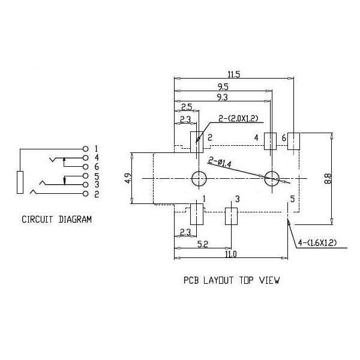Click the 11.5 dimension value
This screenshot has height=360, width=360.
(234, 74)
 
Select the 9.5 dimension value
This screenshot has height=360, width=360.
(223, 87)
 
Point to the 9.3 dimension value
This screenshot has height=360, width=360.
(222, 97)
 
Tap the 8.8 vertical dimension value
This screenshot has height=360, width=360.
(328, 179)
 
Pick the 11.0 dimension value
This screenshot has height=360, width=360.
(231, 254)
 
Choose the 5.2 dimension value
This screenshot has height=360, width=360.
(203, 244)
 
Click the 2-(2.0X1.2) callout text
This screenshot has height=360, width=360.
(239, 118)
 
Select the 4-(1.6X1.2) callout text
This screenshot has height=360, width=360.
(317, 242)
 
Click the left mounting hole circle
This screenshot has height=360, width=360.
(199, 178)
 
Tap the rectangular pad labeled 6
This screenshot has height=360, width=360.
(293, 141)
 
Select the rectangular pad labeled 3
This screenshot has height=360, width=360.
(231, 216)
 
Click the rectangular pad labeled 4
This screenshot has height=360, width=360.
(270, 141)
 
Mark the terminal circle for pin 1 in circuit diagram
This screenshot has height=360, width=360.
(85, 149)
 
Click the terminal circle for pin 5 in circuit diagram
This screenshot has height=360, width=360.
(85, 176)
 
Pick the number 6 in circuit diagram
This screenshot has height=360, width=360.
(97, 167)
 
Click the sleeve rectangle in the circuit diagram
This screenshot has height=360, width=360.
(20, 182)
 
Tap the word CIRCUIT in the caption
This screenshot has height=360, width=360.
(37, 220)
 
